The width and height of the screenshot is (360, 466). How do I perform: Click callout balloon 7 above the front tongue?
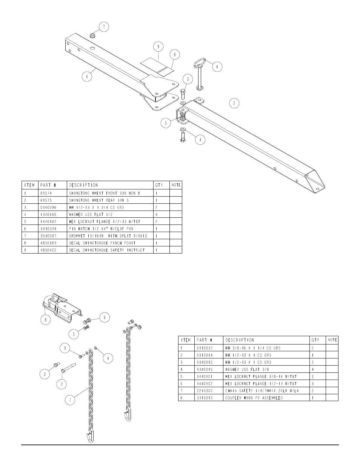[104, 27]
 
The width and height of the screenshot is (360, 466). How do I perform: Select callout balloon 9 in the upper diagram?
[158, 47]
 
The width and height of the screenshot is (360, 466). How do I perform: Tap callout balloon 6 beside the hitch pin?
[217, 67]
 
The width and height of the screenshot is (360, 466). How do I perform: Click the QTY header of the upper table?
[159, 185]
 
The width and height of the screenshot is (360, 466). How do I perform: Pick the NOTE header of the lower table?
[332, 340]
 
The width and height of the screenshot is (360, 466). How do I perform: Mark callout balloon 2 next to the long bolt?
[62, 384]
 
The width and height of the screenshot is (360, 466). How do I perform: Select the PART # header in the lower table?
[204, 340]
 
